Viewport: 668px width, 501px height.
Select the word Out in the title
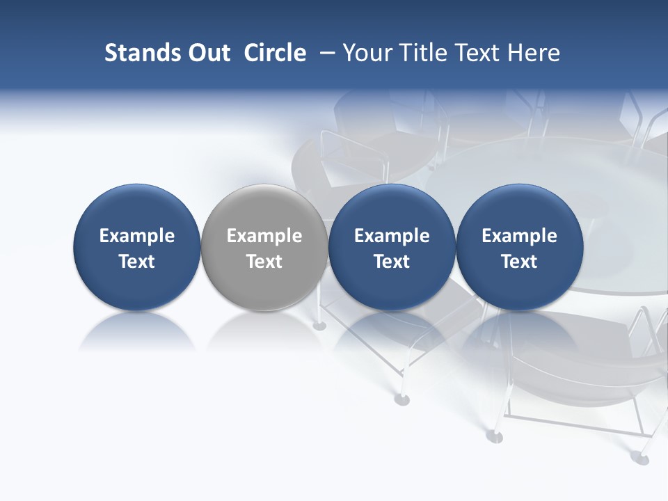[207, 53]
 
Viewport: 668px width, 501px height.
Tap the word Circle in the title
[275, 53]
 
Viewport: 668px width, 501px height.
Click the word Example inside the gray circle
[264, 236]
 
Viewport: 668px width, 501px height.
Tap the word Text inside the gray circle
[264, 262]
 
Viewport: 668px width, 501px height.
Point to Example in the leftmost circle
[137, 236]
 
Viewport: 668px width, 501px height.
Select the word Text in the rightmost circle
[520, 262]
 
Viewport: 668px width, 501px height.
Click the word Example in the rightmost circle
[520, 236]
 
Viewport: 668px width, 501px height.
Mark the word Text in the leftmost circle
[137, 262]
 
